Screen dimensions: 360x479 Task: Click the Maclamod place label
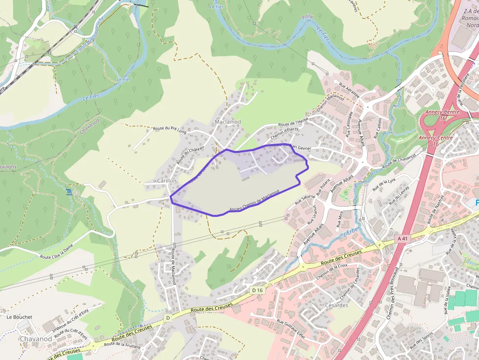(228, 122)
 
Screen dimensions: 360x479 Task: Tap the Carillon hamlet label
(167, 181)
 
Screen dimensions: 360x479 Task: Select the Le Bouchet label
(20, 317)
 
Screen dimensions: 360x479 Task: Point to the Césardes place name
(336, 305)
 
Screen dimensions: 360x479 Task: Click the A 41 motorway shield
(402, 238)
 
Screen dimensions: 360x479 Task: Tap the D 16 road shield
(258, 290)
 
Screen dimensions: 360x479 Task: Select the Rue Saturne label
(305, 199)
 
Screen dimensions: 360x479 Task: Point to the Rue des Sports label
(421, 340)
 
